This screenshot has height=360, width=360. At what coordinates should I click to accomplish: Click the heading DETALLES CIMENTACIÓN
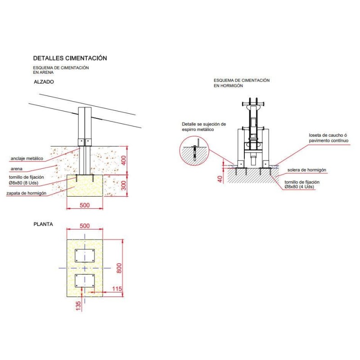tap(70, 58)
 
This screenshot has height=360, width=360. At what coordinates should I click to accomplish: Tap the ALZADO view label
tap(44, 82)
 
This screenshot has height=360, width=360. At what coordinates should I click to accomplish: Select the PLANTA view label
tap(43, 224)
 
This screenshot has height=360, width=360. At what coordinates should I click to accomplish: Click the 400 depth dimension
tap(124, 160)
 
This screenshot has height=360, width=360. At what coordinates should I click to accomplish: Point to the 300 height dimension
tap(124, 185)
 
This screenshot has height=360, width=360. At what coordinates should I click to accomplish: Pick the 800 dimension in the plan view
tap(119, 268)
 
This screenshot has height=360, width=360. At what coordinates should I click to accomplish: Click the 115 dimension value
tap(117, 288)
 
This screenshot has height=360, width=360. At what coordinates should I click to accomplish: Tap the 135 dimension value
tap(78, 306)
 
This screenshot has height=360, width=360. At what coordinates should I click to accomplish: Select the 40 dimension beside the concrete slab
tap(220, 179)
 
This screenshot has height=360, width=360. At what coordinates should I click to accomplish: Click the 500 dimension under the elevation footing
tap(85, 205)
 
